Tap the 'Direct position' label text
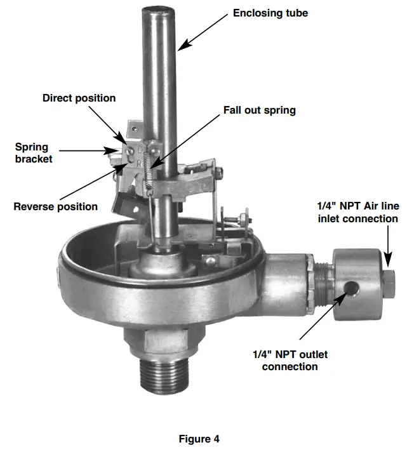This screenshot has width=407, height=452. click(x=79, y=98)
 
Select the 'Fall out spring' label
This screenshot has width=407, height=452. click(x=259, y=110)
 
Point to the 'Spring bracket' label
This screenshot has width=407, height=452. click(x=34, y=153)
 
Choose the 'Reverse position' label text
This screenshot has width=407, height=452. click(x=56, y=206)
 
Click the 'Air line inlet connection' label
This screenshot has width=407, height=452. click(x=357, y=212)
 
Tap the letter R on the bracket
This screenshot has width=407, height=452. click(x=140, y=162)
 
